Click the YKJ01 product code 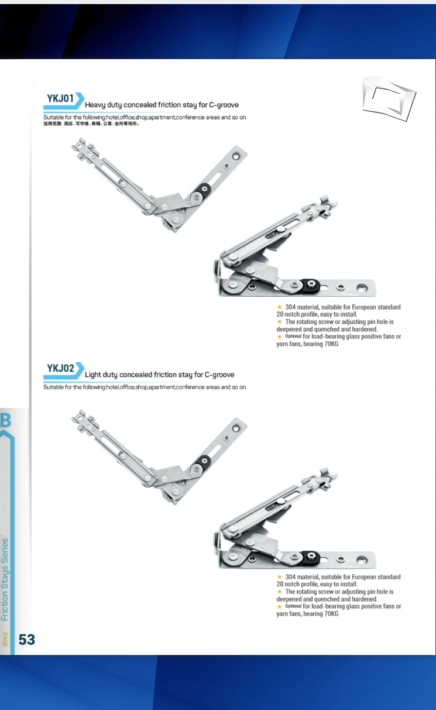[x=60, y=98]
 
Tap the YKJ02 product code [x=60, y=368]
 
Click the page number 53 [x=26, y=640]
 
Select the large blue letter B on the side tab [x=6, y=420]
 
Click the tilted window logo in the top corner [x=389, y=98]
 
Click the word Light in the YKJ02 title [x=93, y=375]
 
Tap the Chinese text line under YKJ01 [x=91, y=124]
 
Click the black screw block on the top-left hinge [x=204, y=189]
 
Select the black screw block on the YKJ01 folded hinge [x=311, y=284]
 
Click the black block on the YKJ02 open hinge [x=204, y=462]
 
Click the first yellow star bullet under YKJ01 [x=280, y=307]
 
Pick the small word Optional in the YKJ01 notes [x=293, y=336]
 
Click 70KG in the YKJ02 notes [x=331, y=613]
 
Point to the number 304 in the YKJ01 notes [x=290, y=307]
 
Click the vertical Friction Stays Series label [x=5, y=579]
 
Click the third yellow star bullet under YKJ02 [x=280, y=606]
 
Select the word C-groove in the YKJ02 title [x=219, y=375]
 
